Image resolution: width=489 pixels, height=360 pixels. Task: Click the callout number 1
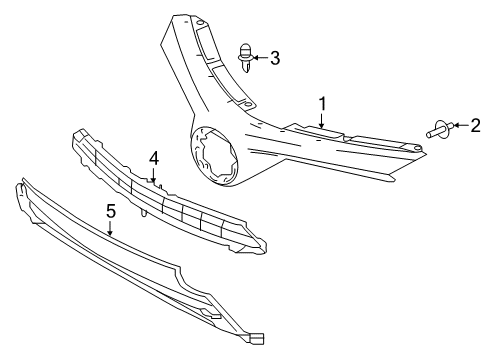(323, 103)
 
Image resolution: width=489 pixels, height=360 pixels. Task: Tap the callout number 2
(476, 125)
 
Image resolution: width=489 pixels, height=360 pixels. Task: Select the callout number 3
(275, 58)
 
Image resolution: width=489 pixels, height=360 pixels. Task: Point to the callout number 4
(154, 158)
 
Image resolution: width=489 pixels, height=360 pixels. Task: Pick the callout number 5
(111, 211)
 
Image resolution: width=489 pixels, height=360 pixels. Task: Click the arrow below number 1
(323, 121)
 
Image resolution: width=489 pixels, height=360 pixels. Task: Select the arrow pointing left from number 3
(259, 58)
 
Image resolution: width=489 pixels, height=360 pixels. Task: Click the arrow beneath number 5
(111, 229)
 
